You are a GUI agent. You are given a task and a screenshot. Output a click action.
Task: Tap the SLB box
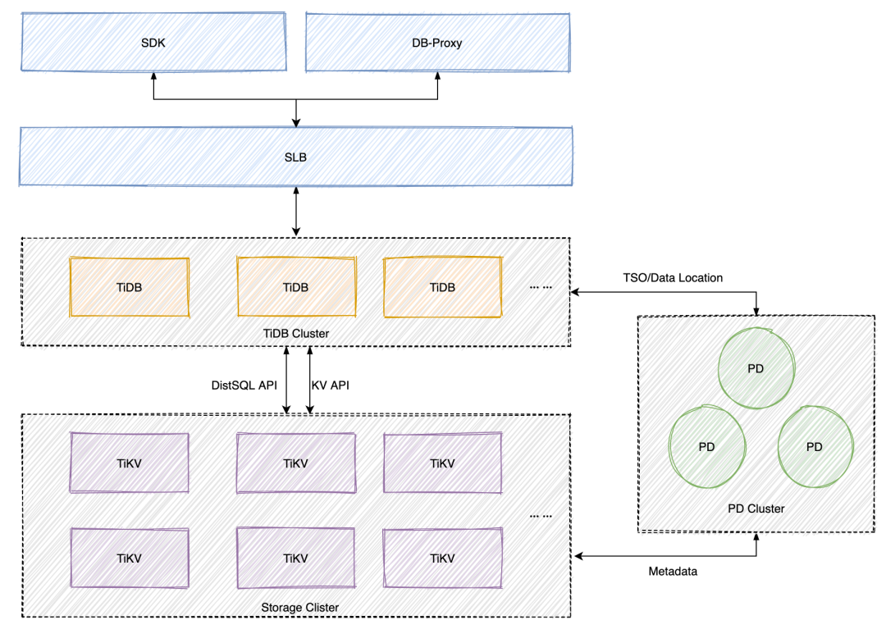tap(295, 156)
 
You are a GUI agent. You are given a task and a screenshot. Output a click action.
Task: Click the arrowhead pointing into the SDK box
tap(153, 76)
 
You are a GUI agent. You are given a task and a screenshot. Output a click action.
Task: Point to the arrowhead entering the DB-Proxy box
tap(437, 76)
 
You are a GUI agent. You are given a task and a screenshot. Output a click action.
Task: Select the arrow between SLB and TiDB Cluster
tap(295, 212)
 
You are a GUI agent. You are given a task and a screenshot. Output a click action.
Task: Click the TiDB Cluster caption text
tap(296, 333)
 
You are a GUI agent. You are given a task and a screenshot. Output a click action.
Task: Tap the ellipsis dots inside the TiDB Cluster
tap(541, 288)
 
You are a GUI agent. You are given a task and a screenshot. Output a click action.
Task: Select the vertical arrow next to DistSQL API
tap(285, 379)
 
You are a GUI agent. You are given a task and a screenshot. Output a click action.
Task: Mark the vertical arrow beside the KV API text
tap(309, 379)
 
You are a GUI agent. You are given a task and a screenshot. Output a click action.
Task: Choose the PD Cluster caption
tap(756, 509)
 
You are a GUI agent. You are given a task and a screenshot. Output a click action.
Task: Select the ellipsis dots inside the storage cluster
tap(541, 516)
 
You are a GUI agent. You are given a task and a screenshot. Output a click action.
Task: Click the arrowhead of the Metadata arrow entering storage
tap(580, 556)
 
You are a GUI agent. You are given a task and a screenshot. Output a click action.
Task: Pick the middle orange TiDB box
tap(295, 287)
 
